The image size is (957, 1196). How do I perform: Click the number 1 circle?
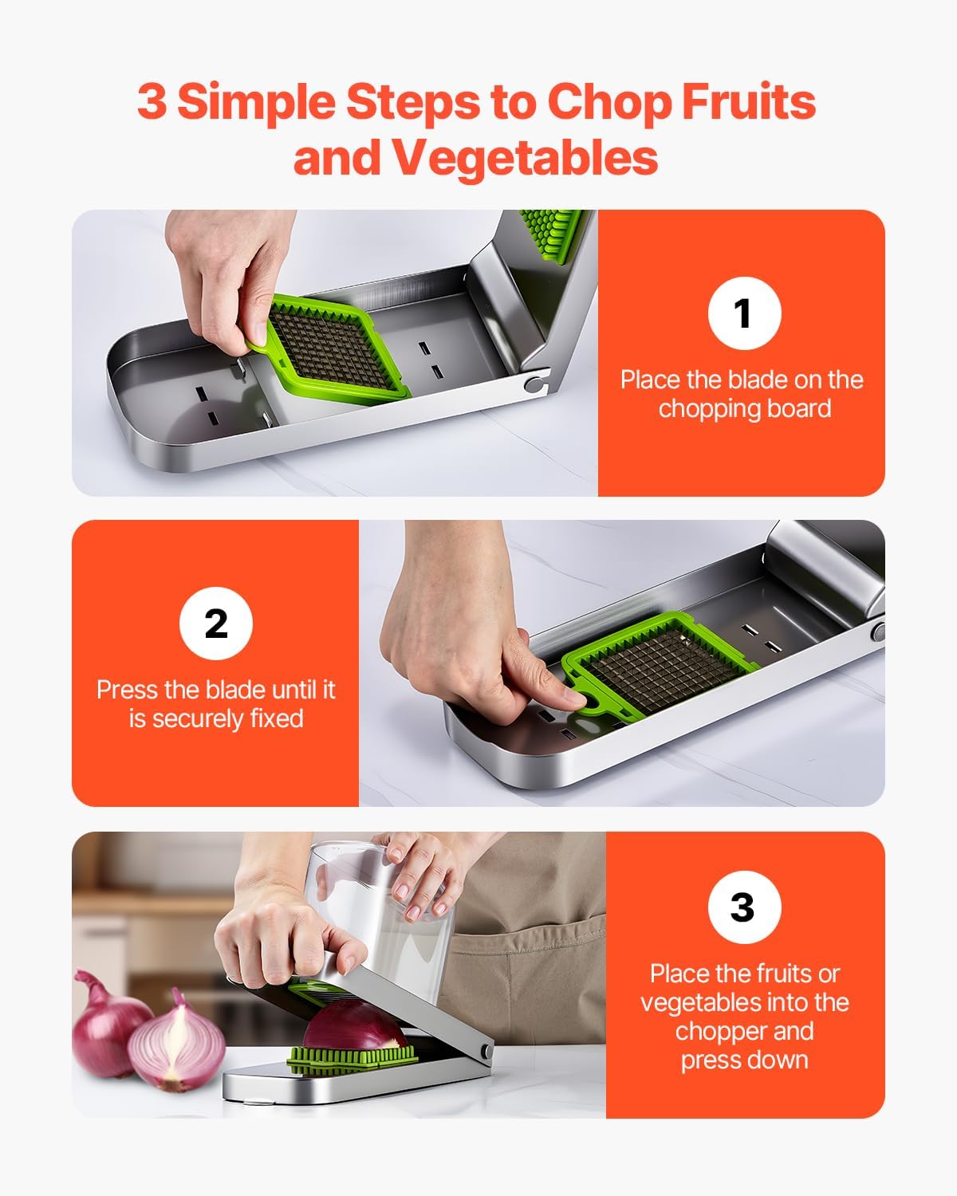744,313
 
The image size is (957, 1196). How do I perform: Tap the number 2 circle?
215,624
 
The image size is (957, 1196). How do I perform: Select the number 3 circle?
743,907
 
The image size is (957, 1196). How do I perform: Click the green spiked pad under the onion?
351,1059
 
